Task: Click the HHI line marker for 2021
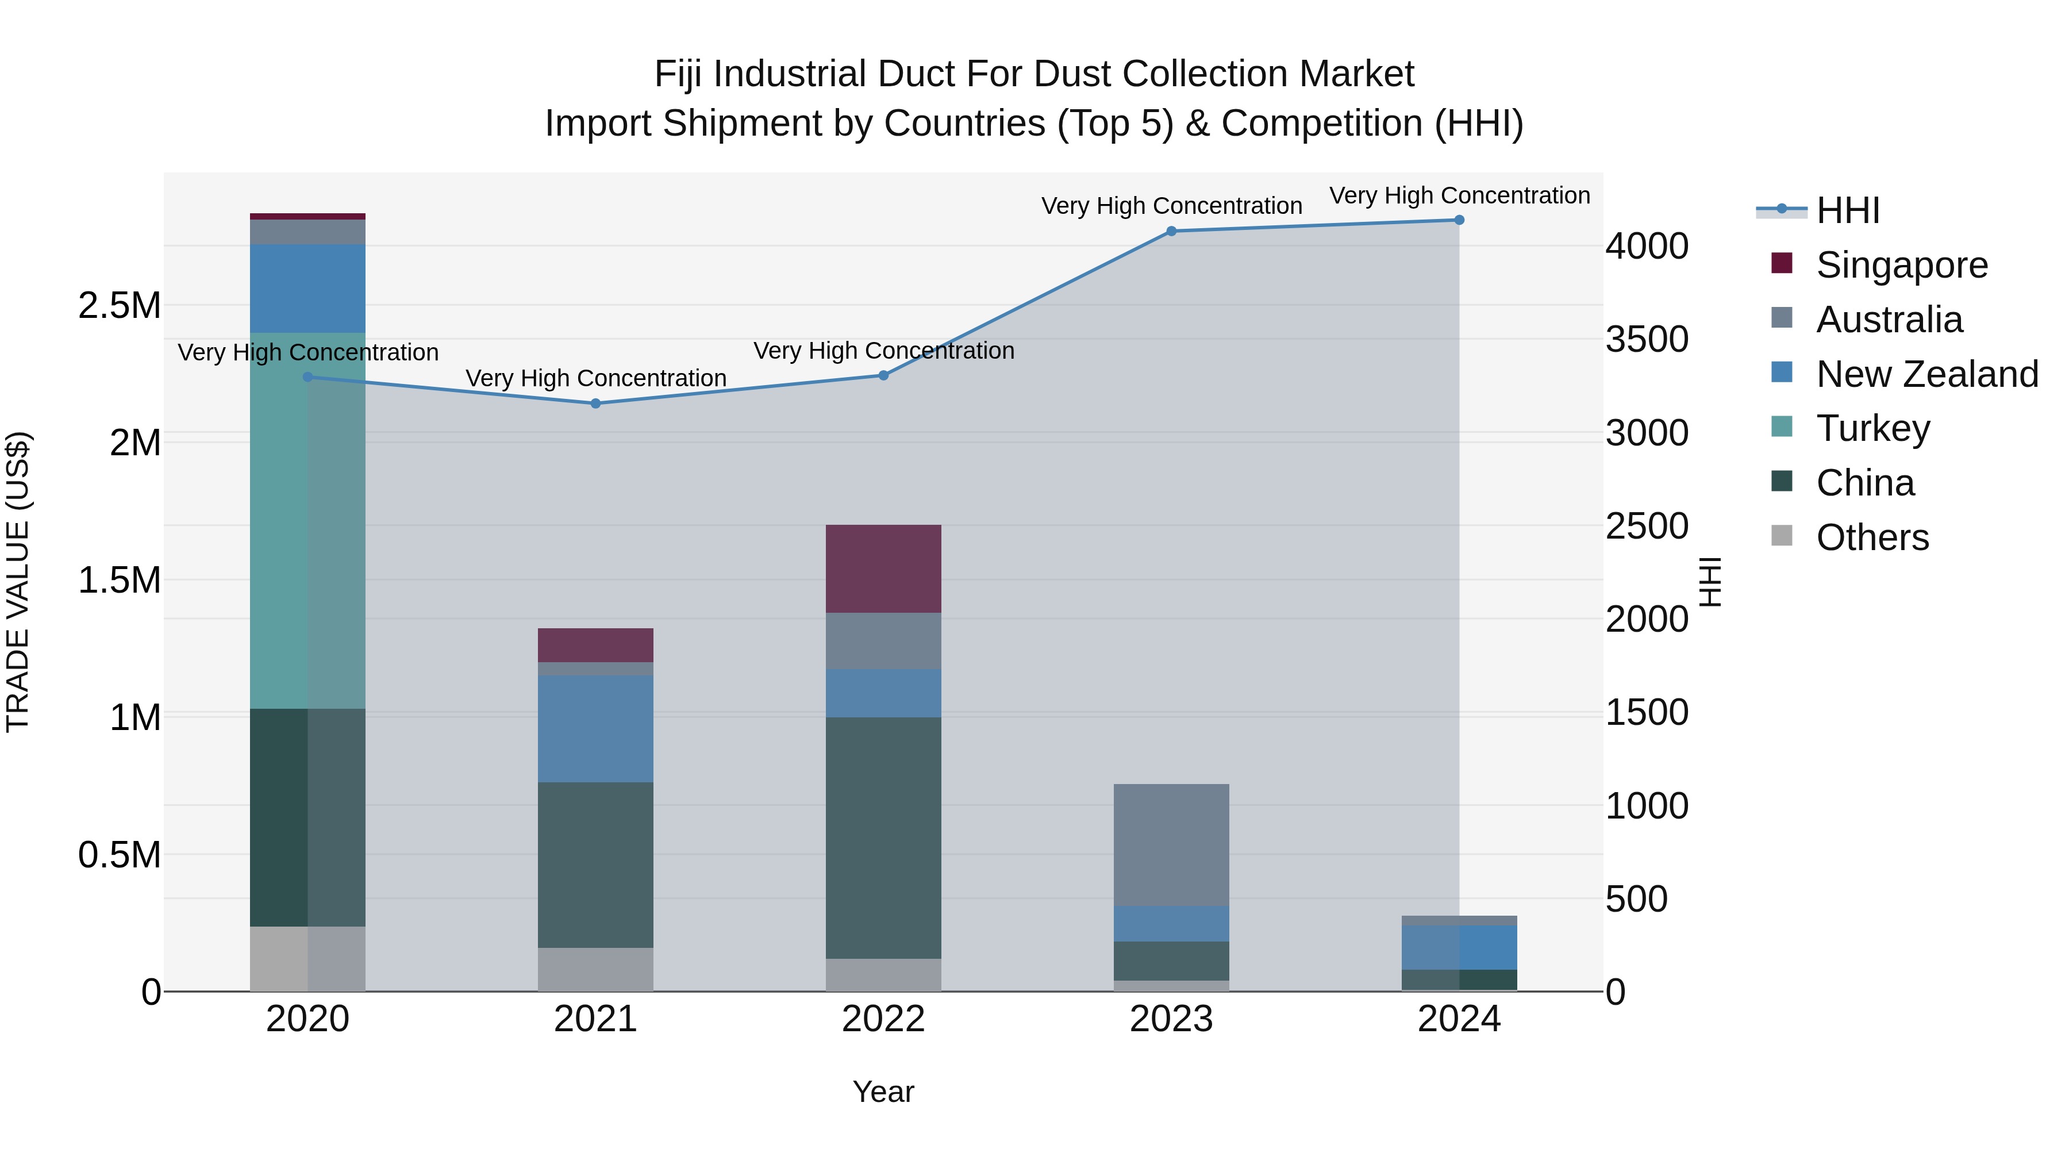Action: pos(595,404)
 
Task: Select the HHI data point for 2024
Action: pos(1459,220)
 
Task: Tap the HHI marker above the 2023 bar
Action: pos(1171,231)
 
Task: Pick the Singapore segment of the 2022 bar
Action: pos(883,568)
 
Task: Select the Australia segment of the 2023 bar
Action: pos(1171,844)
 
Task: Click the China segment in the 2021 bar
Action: pos(595,865)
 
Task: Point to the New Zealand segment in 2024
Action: pos(1459,947)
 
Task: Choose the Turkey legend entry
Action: pos(1872,428)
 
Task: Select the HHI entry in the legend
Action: pos(1847,210)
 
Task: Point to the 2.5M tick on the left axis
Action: pos(119,306)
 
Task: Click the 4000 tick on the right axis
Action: pos(1647,246)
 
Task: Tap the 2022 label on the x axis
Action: pos(883,1019)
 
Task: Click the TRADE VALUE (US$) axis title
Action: pos(18,582)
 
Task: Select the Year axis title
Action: pos(883,1092)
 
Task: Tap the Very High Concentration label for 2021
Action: pos(595,378)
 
